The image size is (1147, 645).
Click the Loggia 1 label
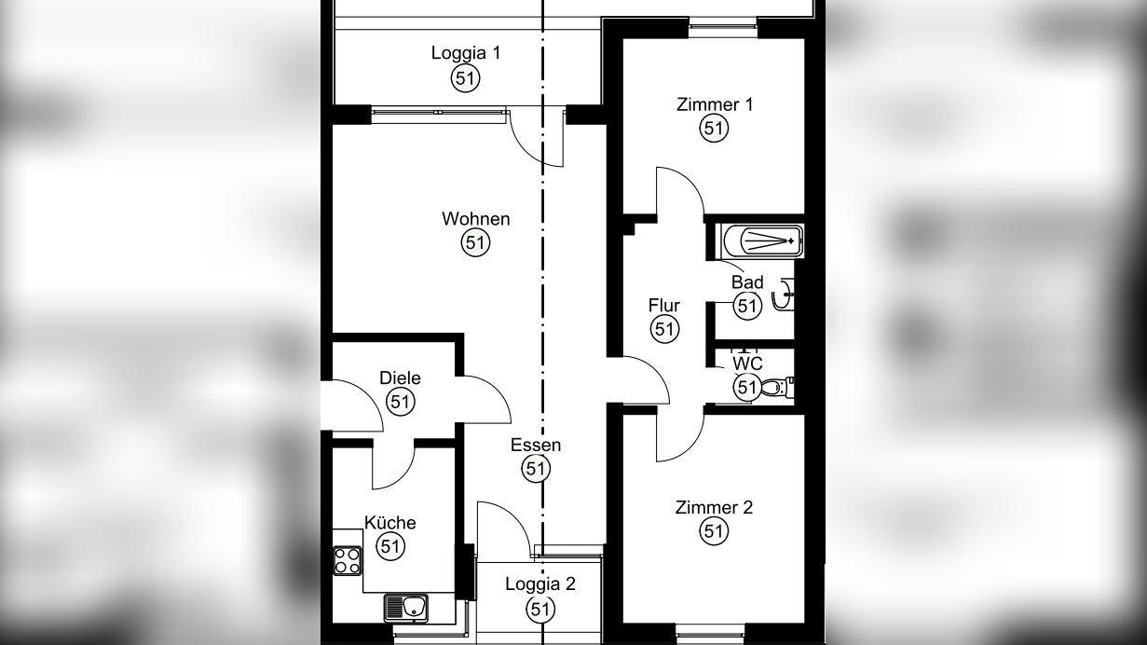466,53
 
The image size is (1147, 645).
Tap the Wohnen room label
476,219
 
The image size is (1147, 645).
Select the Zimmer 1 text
715,104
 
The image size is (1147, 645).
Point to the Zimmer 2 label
714,508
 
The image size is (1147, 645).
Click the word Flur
664,306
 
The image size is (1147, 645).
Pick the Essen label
536,445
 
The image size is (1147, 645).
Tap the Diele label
400,378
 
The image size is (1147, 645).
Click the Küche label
390,523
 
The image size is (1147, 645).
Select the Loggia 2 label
540,584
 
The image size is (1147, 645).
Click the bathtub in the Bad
762,241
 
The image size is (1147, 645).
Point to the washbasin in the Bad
783,295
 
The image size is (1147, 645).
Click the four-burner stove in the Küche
348,560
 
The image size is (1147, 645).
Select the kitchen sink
405,608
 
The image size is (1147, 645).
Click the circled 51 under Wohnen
476,242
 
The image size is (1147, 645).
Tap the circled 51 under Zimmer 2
714,531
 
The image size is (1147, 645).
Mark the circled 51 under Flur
664,329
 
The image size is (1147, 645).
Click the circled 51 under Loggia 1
466,78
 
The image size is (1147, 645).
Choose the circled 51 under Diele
400,402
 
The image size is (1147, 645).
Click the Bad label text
747,282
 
